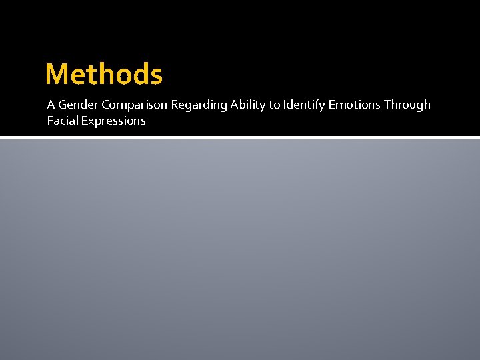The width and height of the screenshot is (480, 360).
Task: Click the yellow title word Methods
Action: [103, 74]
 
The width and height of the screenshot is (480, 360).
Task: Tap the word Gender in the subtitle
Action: [79, 105]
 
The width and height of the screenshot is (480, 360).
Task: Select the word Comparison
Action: [135, 105]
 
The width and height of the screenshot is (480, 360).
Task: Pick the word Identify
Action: [303, 105]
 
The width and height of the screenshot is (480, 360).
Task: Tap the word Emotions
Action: [354, 105]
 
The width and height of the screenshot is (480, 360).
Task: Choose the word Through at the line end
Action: [407, 105]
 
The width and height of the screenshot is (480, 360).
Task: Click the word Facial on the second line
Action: [62, 121]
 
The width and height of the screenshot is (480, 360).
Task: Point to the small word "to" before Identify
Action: [274, 105]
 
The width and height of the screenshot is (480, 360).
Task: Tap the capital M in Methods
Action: [57, 75]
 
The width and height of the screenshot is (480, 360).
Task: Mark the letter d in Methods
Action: [138, 74]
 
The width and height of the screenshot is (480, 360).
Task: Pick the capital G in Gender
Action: [63, 105]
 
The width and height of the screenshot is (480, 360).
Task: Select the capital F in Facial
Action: [50, 121]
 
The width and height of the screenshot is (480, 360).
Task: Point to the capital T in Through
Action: [387, 105]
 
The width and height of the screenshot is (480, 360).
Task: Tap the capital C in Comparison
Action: [105, 105]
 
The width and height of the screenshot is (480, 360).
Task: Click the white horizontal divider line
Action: [240, 137]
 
